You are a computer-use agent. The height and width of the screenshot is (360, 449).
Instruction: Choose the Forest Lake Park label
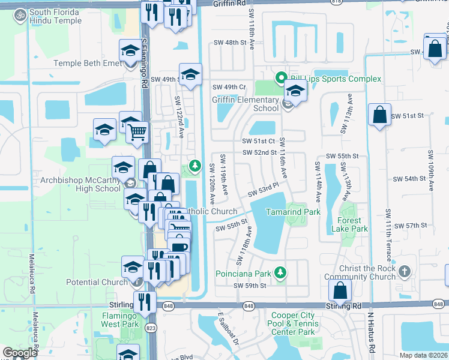coord(349,229)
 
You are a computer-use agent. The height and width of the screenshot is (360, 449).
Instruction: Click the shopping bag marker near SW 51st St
coord(379,115)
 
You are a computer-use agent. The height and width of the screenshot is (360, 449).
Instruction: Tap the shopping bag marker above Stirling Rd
coord(340,290)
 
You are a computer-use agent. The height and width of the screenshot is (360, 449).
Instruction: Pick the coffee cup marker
coord(179,246)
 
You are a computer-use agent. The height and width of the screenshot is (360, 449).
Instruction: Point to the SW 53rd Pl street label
coord(264,191)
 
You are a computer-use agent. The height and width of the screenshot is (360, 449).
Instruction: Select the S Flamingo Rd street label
coord(145,63)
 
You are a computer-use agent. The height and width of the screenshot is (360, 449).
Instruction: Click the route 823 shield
coord(150,328)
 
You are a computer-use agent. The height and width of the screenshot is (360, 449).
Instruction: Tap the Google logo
coord(20,353)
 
